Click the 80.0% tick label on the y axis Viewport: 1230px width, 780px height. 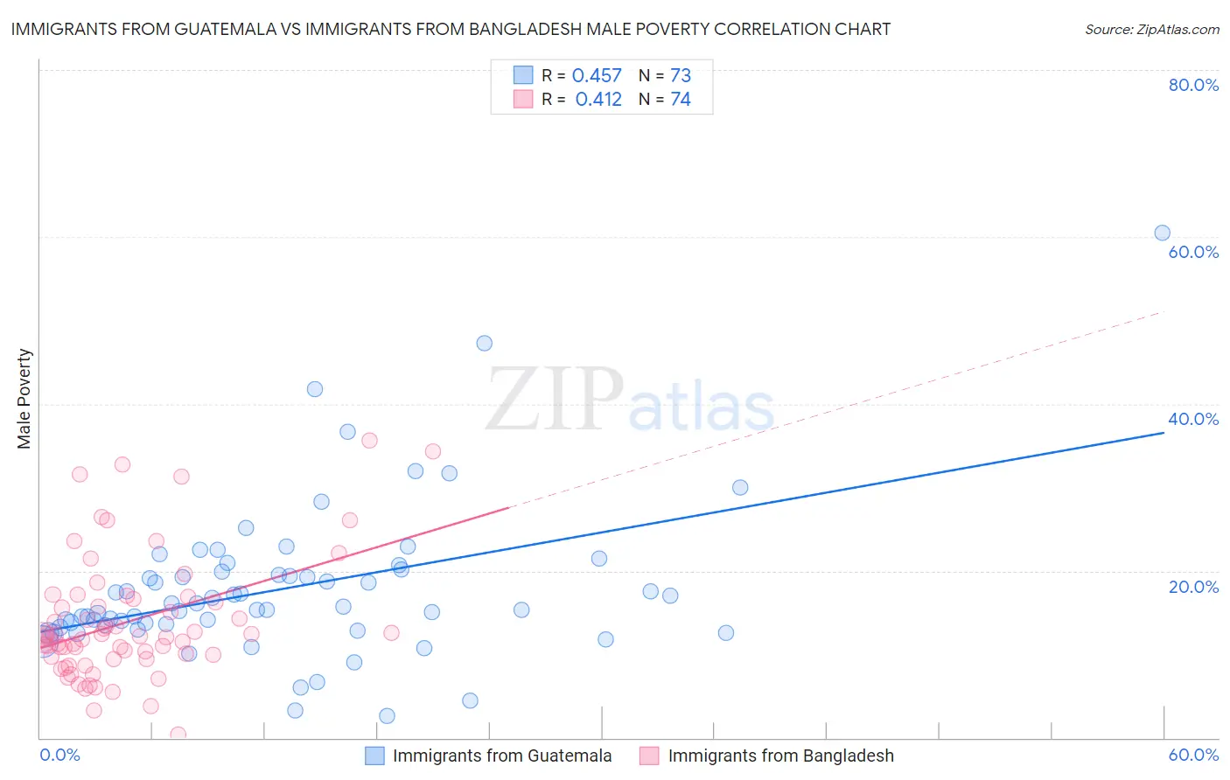[1193, 85]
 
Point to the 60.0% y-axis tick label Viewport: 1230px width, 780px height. [1193, 252]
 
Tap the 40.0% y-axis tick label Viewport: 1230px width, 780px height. [1193, 419]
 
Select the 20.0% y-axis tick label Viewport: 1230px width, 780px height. [1193, 587]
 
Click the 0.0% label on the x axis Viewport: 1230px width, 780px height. [59, 755]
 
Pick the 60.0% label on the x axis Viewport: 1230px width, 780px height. [1193, 755]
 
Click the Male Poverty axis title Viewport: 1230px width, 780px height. [24, 399]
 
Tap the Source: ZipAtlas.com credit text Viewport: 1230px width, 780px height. [1151, 30]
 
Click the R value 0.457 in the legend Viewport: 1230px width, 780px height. [597, 76]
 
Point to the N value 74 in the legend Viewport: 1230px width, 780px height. [681, 100]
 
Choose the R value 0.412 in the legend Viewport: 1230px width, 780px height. [598, 100]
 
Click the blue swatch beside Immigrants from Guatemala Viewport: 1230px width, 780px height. [375, 756]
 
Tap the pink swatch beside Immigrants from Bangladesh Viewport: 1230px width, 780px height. [649, 756]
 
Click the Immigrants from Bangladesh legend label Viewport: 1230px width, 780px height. [780, 756]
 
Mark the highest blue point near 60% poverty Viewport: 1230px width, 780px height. [1162, 233]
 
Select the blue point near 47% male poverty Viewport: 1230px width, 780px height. [484, 343]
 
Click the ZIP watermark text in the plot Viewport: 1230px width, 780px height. [555, 400]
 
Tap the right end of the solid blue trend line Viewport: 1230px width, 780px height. [1164, 432]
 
